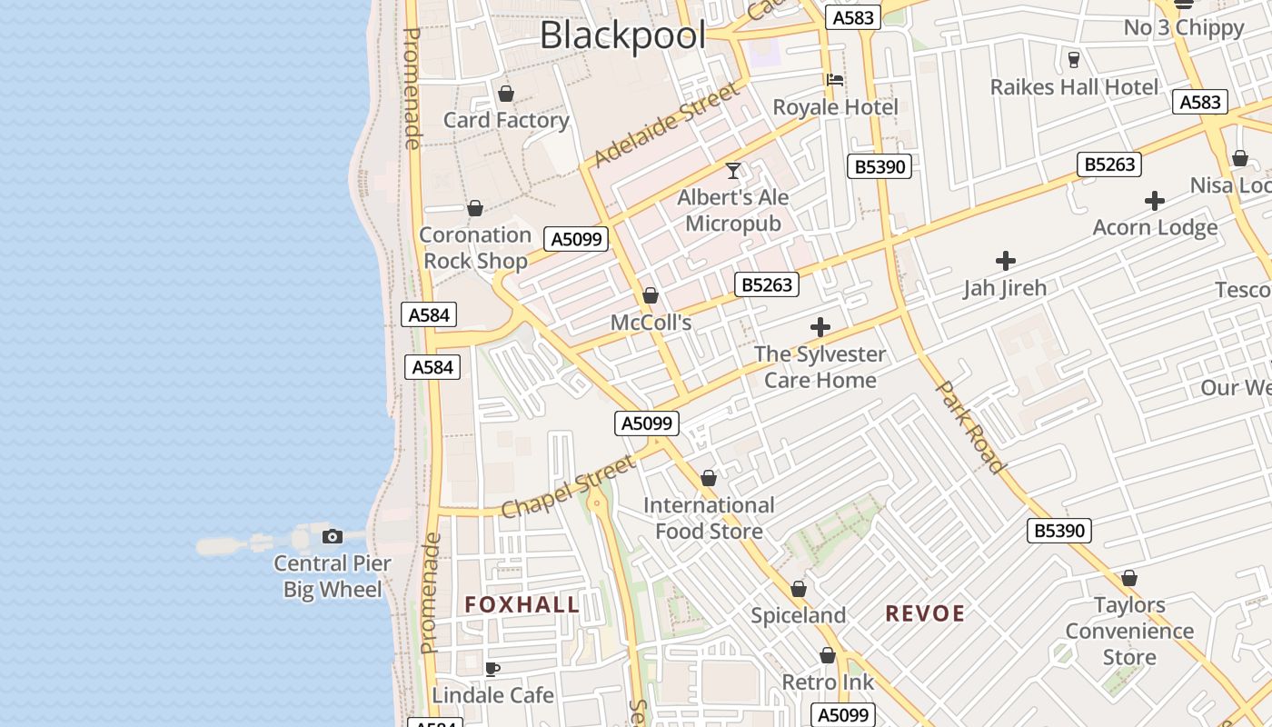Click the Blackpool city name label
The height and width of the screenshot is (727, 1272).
[x=622, y=36]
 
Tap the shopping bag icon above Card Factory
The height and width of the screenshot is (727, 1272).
[x=506, y=94]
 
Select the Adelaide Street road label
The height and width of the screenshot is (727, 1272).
[x=667, y=125]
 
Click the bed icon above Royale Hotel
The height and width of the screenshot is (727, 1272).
[x=835, y=80]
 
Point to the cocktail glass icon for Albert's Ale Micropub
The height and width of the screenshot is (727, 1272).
[x=733, y=170]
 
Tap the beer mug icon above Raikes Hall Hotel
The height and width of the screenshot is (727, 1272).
[x=1074, y=60]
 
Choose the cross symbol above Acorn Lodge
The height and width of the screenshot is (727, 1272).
[x=1155, y=201]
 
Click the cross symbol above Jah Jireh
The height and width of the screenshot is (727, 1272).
[x=1005, y=261]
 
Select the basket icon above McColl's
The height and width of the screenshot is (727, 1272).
[x=651, y=295]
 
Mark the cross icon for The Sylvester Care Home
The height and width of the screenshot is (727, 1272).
[x=820, y=327]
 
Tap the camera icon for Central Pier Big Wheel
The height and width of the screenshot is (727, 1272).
[x=333, y=536]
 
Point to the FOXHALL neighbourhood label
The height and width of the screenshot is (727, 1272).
[x=522, y=604]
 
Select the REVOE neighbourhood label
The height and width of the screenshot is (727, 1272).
[x=925, y=613]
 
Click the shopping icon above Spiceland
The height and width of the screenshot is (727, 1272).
[x=799, y=589]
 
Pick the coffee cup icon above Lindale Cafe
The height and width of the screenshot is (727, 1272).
[x=492, y=669]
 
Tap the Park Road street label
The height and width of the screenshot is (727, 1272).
[x=971, y=427]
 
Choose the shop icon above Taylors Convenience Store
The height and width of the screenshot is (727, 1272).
[x=1129, y=578]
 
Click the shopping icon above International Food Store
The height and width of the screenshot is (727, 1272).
[x=709, y=478]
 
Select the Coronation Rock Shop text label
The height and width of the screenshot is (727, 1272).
[x=475, y=248]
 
